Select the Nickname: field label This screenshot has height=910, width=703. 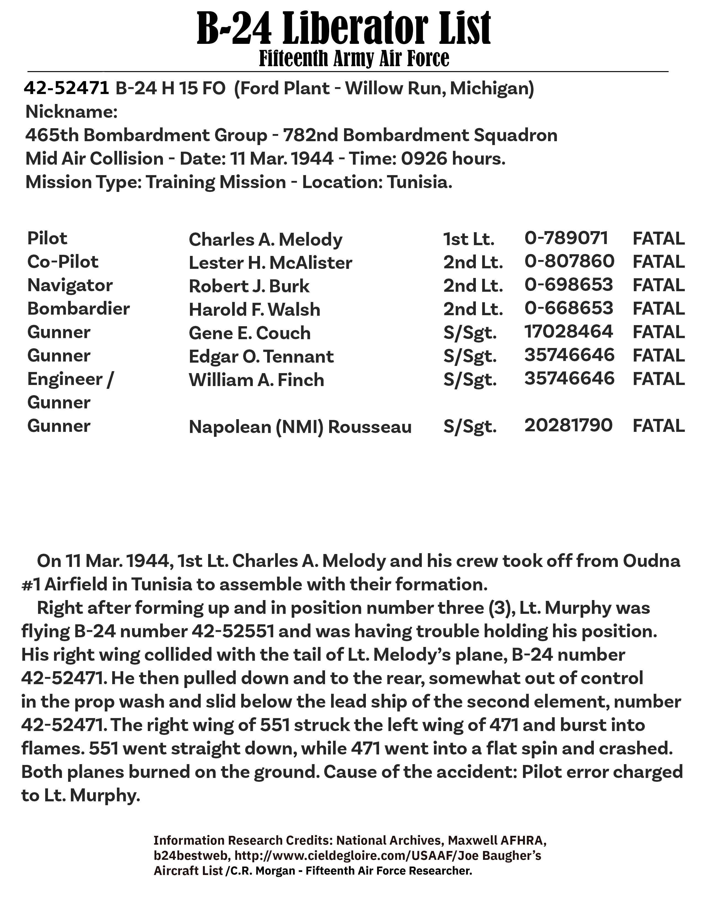coord(72,112)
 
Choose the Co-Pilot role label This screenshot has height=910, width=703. coord(63,262)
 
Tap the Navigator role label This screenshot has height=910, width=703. coord(70,285)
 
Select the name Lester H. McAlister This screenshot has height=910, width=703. coord(270,263)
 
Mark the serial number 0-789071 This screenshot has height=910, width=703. coord(567,238)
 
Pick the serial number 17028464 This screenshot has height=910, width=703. coord(568,332)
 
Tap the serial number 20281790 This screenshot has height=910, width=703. coord(568,426)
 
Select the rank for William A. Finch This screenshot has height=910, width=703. coord(470,380)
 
